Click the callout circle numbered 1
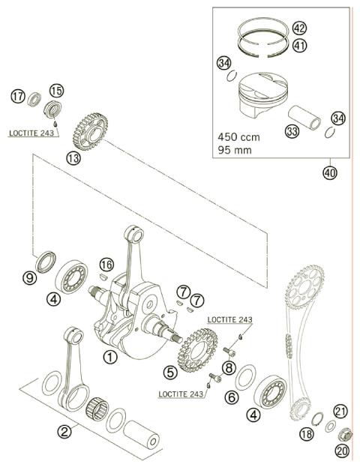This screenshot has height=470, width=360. (109, 358)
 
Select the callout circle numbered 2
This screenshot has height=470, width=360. (66, 432)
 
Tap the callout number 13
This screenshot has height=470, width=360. (73, 158)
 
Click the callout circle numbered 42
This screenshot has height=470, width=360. (300, 28)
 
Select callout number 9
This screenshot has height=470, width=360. (29, 277)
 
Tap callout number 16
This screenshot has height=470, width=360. (107, 264)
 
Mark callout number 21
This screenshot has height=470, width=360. (341, 410)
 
